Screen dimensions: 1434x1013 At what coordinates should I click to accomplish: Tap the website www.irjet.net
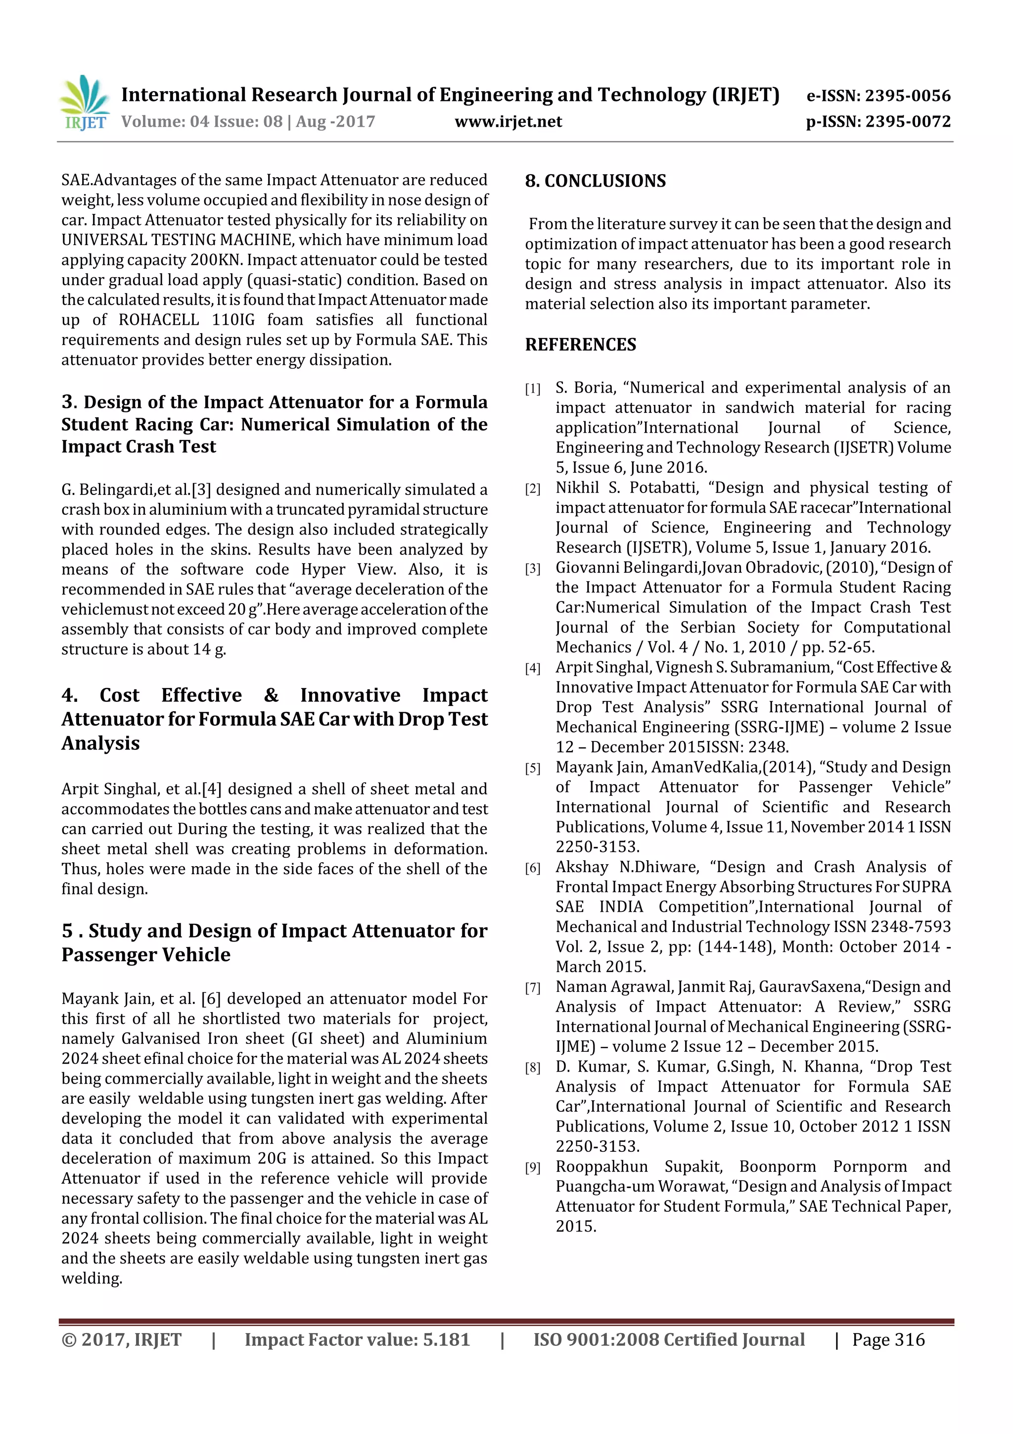[508, 122]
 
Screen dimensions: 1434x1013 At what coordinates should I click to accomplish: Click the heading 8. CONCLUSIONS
[595, 181]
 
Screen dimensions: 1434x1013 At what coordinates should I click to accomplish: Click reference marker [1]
[532, 390]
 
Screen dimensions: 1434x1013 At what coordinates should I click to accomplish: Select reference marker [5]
[532, 769]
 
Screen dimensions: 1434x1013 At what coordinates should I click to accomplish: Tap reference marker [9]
[532, 1168]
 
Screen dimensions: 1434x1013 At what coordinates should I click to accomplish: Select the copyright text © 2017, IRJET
[121, 1339]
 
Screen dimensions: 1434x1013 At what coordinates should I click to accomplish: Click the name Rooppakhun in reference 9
[601, 1167]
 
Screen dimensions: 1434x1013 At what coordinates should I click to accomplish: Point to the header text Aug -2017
[335, 122]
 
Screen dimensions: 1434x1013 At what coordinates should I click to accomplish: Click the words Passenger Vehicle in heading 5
[145, 955]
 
